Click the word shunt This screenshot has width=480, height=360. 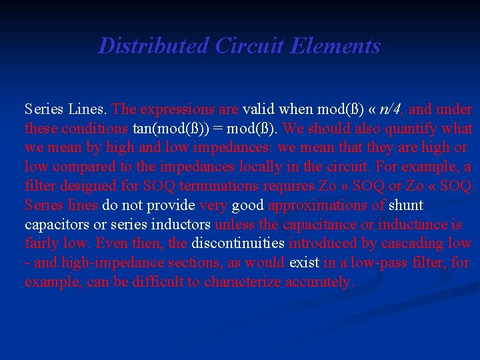(406, 205)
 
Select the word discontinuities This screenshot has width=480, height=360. (238, 243)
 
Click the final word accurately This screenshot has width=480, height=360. (319, 282)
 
